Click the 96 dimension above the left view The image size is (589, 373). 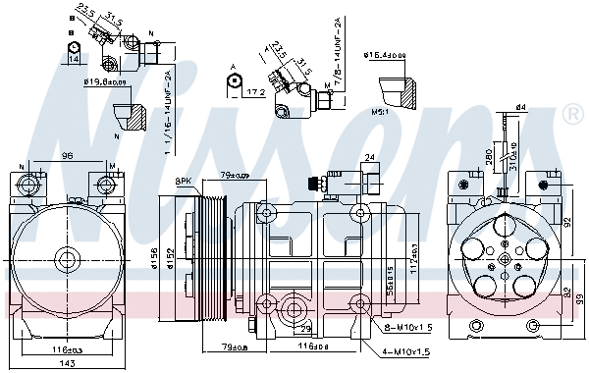(x=67, y=154)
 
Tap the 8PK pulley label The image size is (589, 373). (x=184, y=182)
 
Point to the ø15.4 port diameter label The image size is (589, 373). (x=383, y=55)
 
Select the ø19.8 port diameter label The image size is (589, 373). (x=100, y=82)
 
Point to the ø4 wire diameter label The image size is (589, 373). (x=522, y=106)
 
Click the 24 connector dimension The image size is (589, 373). (x=369, y=156)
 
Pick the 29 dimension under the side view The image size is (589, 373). (x=306, y=328)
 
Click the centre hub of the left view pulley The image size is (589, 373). (x=67, y=259)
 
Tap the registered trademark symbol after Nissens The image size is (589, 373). (x=573, y=116)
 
